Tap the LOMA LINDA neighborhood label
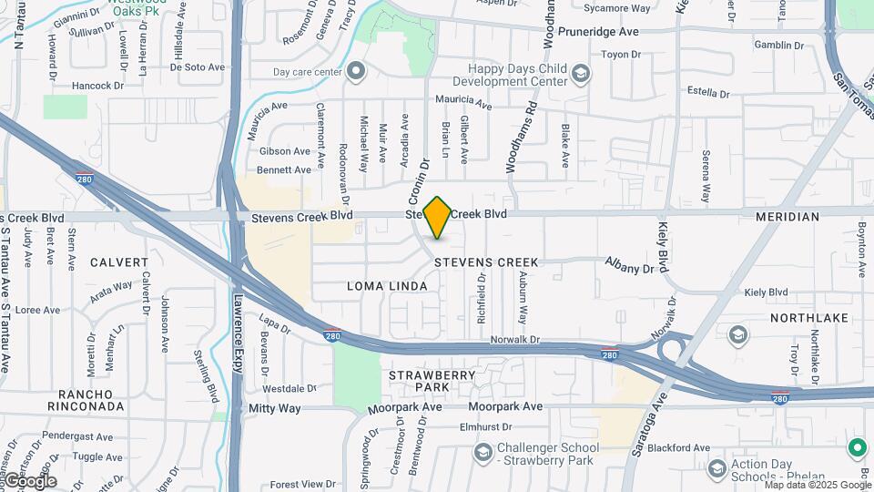(x=387, y=286)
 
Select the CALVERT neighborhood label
(x=118, y=262)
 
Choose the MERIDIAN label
(x=788, y=217)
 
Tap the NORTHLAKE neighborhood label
(x=808, y=318)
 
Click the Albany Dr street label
(x=630, y=269)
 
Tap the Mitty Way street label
(x=274, y=408)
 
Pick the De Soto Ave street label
(x=197, y=67)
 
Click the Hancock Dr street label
(x=98, y=86)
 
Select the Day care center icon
(x=356, y=70)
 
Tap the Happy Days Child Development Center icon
(x=580, y=73)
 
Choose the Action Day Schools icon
(x=716, y=468)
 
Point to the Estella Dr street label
(x=715, y=92)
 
